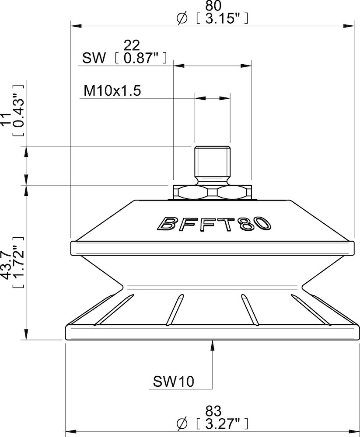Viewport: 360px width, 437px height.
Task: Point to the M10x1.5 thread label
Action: (112, 91)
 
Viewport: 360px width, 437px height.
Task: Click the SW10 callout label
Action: (173, 382)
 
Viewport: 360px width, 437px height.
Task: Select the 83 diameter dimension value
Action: (213, 411)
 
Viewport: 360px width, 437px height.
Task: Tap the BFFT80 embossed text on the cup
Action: (213, 224)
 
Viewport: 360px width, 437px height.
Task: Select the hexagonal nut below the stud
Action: (213, 191)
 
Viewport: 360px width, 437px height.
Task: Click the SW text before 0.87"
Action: (94, 58)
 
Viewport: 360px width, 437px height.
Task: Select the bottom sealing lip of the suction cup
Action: (213, 333)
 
